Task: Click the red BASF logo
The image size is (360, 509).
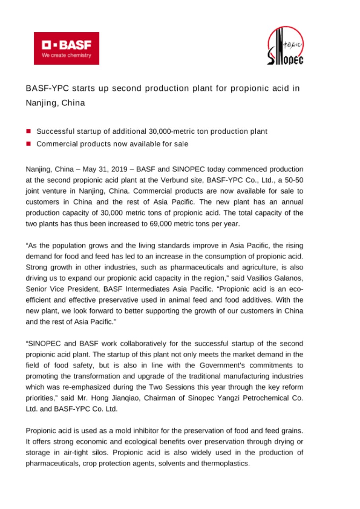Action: tap(66, 48)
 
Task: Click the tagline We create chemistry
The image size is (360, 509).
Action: tap(67, 55)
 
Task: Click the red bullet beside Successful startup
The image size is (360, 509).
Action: tap(29, 131)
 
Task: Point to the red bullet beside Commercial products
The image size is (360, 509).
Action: tap(29, 144)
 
